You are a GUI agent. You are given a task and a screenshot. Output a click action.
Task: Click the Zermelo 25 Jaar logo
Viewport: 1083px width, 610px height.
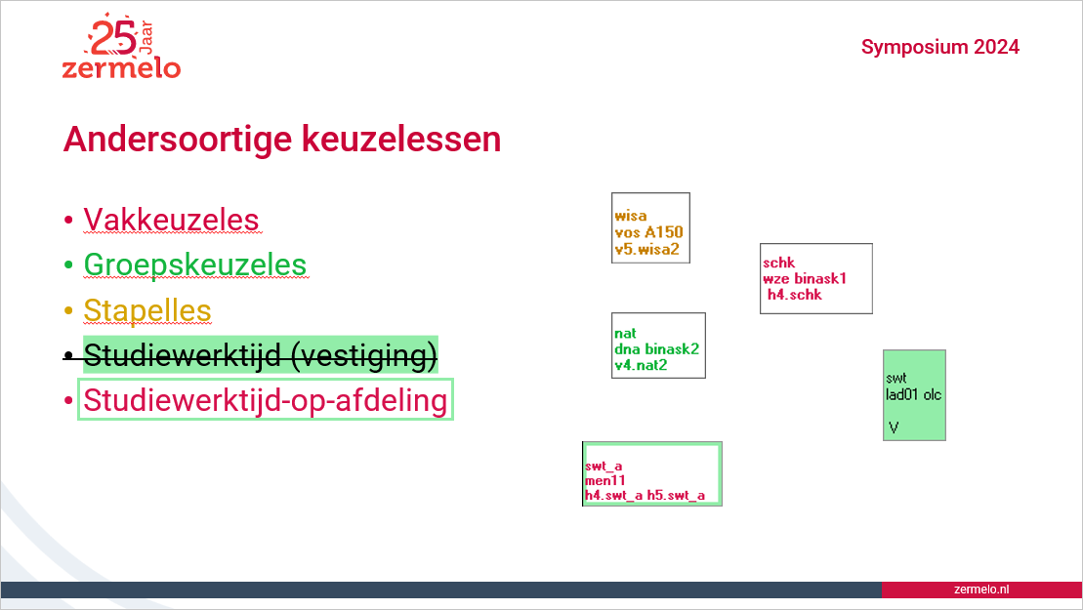click(121, 46)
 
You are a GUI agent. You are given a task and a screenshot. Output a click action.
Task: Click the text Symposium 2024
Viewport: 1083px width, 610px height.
click(940, 47)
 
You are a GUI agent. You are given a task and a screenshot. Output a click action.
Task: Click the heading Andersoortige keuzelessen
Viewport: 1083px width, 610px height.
click(282, 139)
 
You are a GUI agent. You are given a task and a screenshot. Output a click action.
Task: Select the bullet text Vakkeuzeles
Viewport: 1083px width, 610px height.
click(171, 221)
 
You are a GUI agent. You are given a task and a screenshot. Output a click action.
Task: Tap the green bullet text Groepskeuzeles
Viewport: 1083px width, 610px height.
click(194, 264)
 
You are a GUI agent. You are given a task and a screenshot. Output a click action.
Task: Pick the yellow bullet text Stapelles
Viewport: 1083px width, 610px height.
click(147, 310)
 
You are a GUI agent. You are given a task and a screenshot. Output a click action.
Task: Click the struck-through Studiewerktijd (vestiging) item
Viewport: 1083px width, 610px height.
click(261, 355)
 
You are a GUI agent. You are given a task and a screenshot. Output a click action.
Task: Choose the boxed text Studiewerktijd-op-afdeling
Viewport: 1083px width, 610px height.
click(266, 399)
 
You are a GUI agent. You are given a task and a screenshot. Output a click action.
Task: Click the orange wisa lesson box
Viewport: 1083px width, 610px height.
click(650, 227)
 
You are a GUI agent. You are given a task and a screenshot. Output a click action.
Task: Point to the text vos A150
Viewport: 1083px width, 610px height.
click(648, 232)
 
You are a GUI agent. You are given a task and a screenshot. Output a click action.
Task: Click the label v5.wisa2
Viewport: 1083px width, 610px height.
click(647, 249)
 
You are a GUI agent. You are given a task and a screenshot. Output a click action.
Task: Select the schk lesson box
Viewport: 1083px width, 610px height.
click(815, 278)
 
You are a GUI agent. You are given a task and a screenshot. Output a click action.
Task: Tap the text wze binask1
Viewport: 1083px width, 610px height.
click(805, 279)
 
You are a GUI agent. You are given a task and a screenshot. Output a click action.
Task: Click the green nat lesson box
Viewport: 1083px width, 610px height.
click(658, 346)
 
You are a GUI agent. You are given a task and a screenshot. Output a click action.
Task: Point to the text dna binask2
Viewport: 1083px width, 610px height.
click(657, 349)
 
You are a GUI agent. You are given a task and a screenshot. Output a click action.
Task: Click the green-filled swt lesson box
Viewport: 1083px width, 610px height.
click(914, 394)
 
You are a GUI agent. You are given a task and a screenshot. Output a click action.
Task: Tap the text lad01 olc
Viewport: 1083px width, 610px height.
click(913, 394)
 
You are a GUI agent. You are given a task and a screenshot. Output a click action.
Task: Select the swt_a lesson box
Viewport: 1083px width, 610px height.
click(652, 473)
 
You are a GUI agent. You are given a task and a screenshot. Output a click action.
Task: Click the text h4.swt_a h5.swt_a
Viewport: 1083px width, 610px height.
click(646, 496)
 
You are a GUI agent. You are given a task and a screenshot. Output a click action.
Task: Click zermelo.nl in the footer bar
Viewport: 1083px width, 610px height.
click(980, 590)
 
